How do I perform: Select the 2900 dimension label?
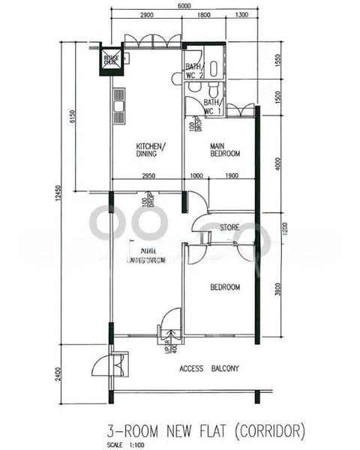tap(147, 15)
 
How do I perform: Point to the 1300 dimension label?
tap(241, 15)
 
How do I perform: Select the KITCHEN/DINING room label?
tap(151, 149)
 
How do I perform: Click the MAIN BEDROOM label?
tap(224, 149)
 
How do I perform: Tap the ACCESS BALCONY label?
tap(209, 368)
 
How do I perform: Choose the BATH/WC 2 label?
tap(194, 71)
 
